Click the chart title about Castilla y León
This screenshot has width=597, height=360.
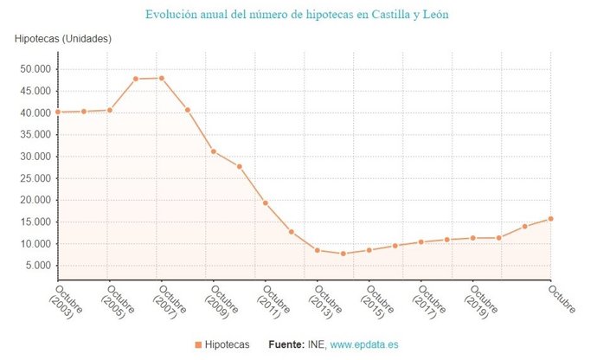pos(297,15)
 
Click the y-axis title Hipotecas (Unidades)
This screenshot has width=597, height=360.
pos(63,39)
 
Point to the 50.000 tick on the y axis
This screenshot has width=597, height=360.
pos(35,69)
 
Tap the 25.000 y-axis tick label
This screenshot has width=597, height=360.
pos(35,178)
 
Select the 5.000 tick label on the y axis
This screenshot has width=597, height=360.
pos(38,266)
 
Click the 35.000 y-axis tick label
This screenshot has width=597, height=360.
pos(35,135)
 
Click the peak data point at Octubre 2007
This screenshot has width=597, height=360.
pos(162,78)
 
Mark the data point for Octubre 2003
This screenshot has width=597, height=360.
pos(58,112)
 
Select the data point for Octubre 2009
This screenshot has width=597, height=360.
pos(214,151)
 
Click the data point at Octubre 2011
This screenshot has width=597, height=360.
pos(266,202)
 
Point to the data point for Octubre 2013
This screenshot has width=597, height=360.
pos(318,250)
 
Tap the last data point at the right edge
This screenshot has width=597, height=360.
pos(550,219)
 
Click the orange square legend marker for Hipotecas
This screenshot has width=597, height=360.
pos(198,345)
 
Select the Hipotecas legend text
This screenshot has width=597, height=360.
pos(228,345)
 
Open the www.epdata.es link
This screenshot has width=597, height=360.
pos(364,345)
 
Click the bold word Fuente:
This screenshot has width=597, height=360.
pos(286,345)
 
